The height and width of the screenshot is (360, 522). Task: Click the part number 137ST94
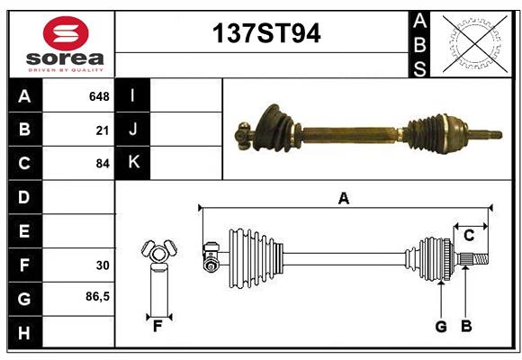click(265, 33)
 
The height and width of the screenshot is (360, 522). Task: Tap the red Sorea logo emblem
click(66, 35)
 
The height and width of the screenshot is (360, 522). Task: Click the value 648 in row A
click(99, 95)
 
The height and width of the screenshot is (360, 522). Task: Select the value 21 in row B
click(103, 130)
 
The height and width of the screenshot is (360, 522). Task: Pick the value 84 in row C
click(103, 164)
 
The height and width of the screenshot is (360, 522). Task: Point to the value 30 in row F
click(103, 265)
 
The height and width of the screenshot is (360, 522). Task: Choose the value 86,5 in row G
click(97, 297)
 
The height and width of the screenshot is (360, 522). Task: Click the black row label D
click(24, 197)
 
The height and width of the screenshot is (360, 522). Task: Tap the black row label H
click(24, 332)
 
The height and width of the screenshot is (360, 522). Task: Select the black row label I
click(132, 95)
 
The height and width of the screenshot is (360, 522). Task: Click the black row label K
click(132, 163)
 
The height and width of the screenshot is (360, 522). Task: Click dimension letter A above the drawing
click(343, 198)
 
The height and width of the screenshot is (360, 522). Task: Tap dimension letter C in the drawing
click(469, 236)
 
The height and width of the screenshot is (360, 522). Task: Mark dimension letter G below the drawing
click(441, 327)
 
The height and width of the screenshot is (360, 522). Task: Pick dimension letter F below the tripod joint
click(157, 326)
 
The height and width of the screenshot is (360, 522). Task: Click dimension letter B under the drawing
click(465, 327)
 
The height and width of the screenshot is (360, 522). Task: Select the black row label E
click(24, 231)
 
